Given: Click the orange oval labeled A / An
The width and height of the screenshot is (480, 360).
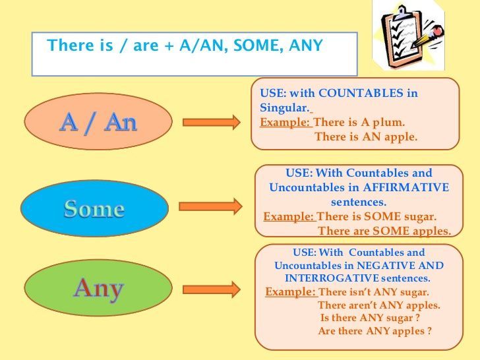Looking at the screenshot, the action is tap(98, 121).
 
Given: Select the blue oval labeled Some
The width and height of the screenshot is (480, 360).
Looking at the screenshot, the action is tap(94, 208).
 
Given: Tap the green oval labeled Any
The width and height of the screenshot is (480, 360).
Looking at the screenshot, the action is tap(98, 287).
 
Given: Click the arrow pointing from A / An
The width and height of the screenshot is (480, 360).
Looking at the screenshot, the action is tap(212, 123).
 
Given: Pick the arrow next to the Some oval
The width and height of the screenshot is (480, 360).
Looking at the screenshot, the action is tap(210, 206).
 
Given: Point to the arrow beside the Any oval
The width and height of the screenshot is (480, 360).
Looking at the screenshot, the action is tap(212, 289).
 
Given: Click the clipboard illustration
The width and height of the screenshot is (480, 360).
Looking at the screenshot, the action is tap(408, 35).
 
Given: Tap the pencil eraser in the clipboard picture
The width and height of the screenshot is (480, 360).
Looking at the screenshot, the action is tap(438, 30).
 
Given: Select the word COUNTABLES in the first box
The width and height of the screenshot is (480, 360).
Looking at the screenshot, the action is tap(361, 93).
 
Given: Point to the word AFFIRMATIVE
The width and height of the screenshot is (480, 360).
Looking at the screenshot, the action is tap(406, 187).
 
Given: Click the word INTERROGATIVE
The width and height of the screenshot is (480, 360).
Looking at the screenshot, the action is tap(332, 278).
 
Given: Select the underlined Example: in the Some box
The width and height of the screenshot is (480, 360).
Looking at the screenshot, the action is tap(289, 216).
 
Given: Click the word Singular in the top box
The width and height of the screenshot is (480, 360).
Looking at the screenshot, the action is tap(284, 107).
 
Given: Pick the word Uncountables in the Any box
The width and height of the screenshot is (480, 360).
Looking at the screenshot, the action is tap(308, 266).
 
